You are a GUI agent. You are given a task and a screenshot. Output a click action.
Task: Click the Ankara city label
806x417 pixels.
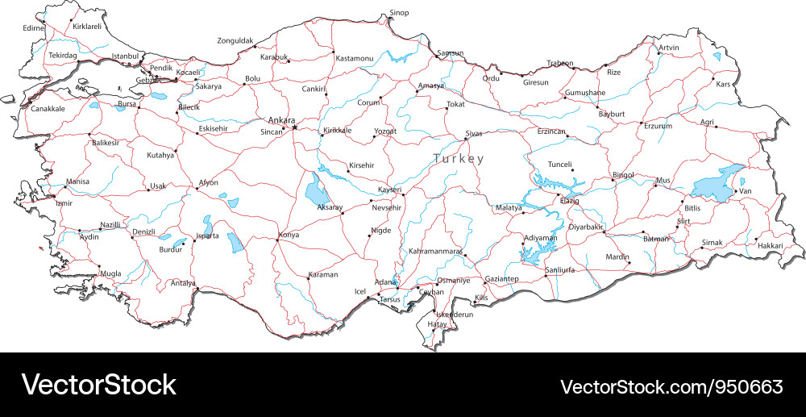click(281, 120)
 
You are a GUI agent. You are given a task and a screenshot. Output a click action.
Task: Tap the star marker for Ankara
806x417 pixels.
click(295, 127)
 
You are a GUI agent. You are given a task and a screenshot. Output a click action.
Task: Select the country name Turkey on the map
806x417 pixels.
click(459, 159)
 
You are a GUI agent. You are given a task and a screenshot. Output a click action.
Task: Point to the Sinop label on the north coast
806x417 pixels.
click(399, 13)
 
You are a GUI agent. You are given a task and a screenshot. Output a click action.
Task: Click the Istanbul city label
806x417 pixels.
click(125, 56)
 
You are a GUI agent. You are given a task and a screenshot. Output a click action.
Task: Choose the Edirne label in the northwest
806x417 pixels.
click(34, 28)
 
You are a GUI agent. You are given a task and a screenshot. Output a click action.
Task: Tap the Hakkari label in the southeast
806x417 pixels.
click(771, 245)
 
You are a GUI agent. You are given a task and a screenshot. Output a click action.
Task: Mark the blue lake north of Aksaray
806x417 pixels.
click(315, 192)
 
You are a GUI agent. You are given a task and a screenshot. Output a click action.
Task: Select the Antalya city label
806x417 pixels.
click(183, 283)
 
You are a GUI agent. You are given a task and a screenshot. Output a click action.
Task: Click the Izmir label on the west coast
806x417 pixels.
click(64, 203)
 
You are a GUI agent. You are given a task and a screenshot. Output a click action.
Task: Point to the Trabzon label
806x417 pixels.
click(560, 63)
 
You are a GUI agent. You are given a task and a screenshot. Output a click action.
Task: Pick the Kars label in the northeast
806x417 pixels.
click(723, 84)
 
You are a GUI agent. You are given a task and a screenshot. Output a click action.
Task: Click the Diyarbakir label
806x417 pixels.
click(586, 227)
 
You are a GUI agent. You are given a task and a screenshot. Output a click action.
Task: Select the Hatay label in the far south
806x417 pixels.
click(438, 324)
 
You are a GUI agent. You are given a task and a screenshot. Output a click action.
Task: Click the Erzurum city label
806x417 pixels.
click(656, 126)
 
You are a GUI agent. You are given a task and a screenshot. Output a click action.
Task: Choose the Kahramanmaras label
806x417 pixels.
click(435, 252)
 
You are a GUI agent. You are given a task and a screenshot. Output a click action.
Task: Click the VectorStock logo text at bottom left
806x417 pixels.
click(98, 385)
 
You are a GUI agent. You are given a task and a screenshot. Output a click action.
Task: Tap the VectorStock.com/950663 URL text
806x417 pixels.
click(671, 386)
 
